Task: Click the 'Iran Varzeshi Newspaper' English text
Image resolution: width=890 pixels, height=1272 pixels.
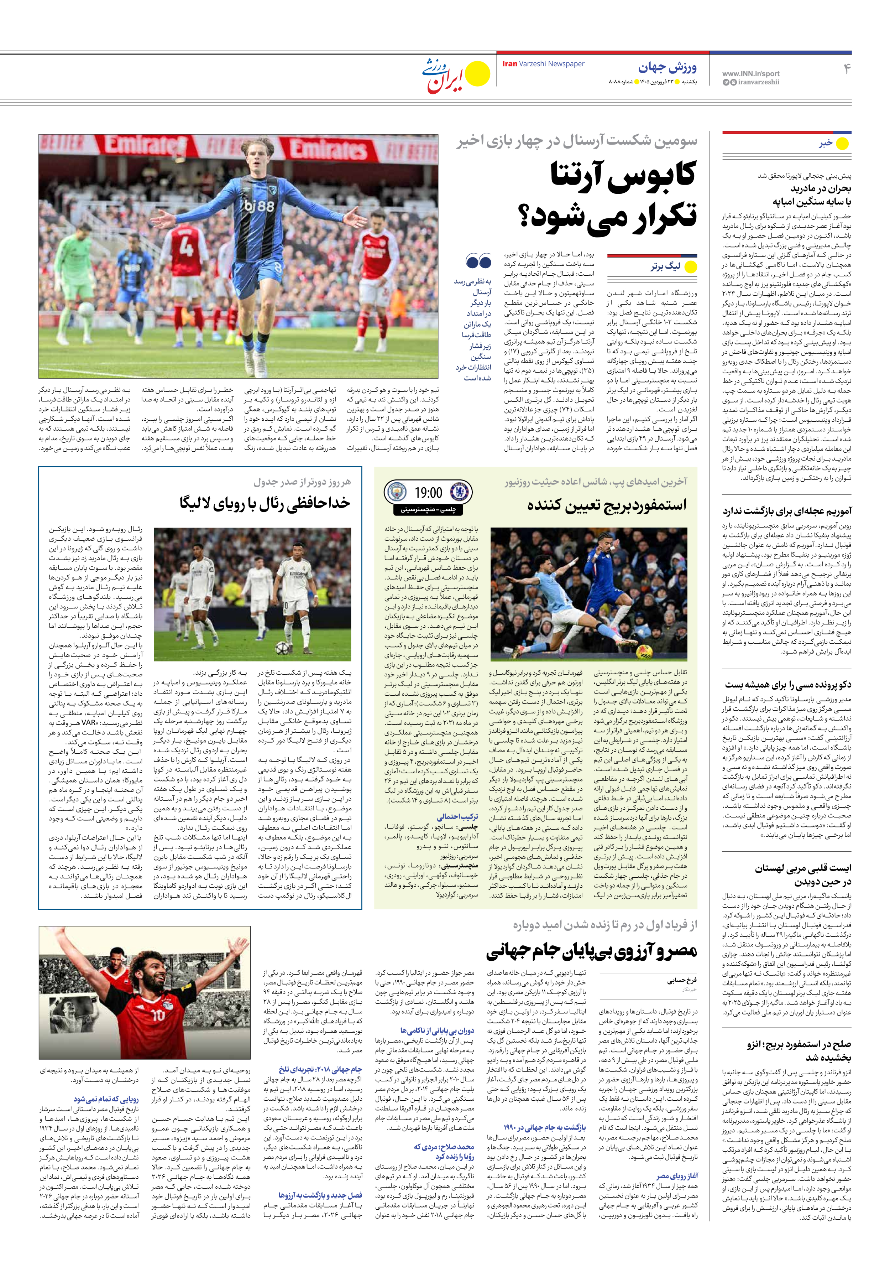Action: click(x=543, y=64)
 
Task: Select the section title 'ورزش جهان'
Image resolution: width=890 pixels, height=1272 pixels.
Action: click(x=667, y=68)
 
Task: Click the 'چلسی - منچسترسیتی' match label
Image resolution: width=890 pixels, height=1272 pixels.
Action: click(x=428, y=509)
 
